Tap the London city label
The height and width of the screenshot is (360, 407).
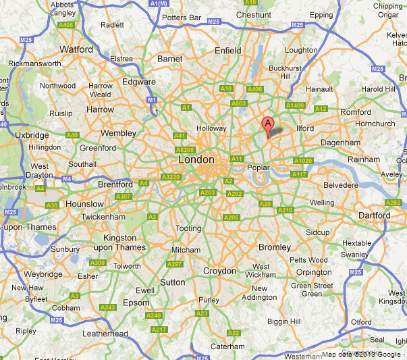pyautogui.click(x=196, y=160)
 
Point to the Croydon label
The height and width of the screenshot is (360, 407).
pyautogui.click(x=219, y=271)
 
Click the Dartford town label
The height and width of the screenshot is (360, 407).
pyautogui.click(x=374, y=215)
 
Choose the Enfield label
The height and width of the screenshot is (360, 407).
pyautogui.click(x=227, y=51)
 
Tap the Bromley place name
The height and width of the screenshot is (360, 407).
pyautogui.click(x=275, y=247)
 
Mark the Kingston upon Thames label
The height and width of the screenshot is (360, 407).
pyautogui.click(x=124, y=242)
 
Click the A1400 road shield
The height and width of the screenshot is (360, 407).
pyautogui.click(x=294, y=106)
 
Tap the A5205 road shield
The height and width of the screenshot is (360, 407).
pyautogui.click(x=184, y=150)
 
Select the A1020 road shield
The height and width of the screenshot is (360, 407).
pyautogui.click(x=302, y=161)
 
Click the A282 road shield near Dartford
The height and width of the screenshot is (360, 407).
pyautogui.click(x=392, y=203)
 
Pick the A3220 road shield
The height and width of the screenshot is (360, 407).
pyautogui.click(x=171, y=176)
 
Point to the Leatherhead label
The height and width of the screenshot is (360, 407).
pyautogui.click(x=105, y=334)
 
